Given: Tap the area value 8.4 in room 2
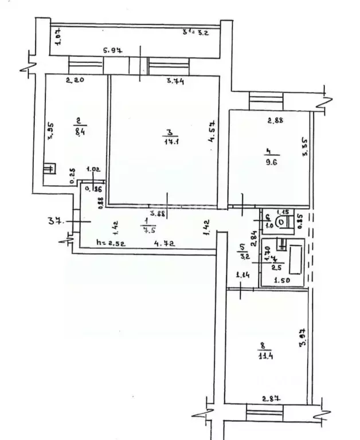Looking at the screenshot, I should pos(79,129).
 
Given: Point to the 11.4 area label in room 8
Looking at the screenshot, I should pos(264,355).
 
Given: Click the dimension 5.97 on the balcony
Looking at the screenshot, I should pos(112,52).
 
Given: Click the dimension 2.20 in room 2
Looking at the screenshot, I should pos(75,81).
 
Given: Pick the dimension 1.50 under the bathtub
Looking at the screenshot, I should pos(280,281).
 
